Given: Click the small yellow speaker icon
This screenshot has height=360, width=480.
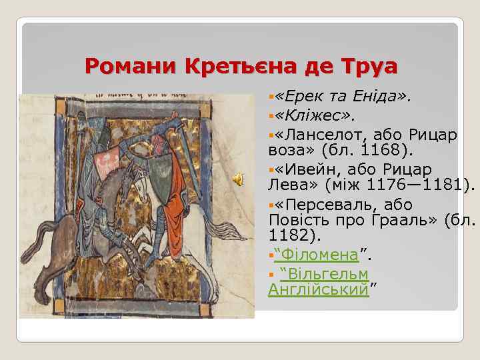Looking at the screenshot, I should click(237, 179).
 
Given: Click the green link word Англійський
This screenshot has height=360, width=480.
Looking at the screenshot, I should click(317, 289).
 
